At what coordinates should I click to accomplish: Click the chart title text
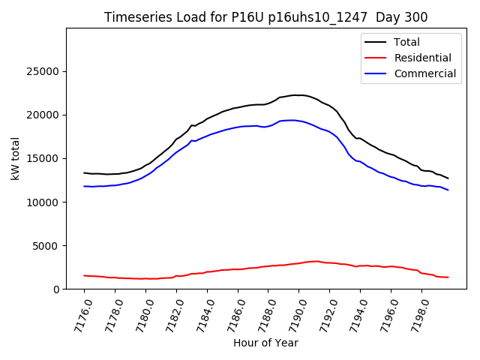coord(266,17)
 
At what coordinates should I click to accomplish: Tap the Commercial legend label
coord(424,73)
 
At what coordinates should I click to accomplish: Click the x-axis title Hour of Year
coord(265,343)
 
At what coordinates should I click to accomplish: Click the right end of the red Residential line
coord(448,277)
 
